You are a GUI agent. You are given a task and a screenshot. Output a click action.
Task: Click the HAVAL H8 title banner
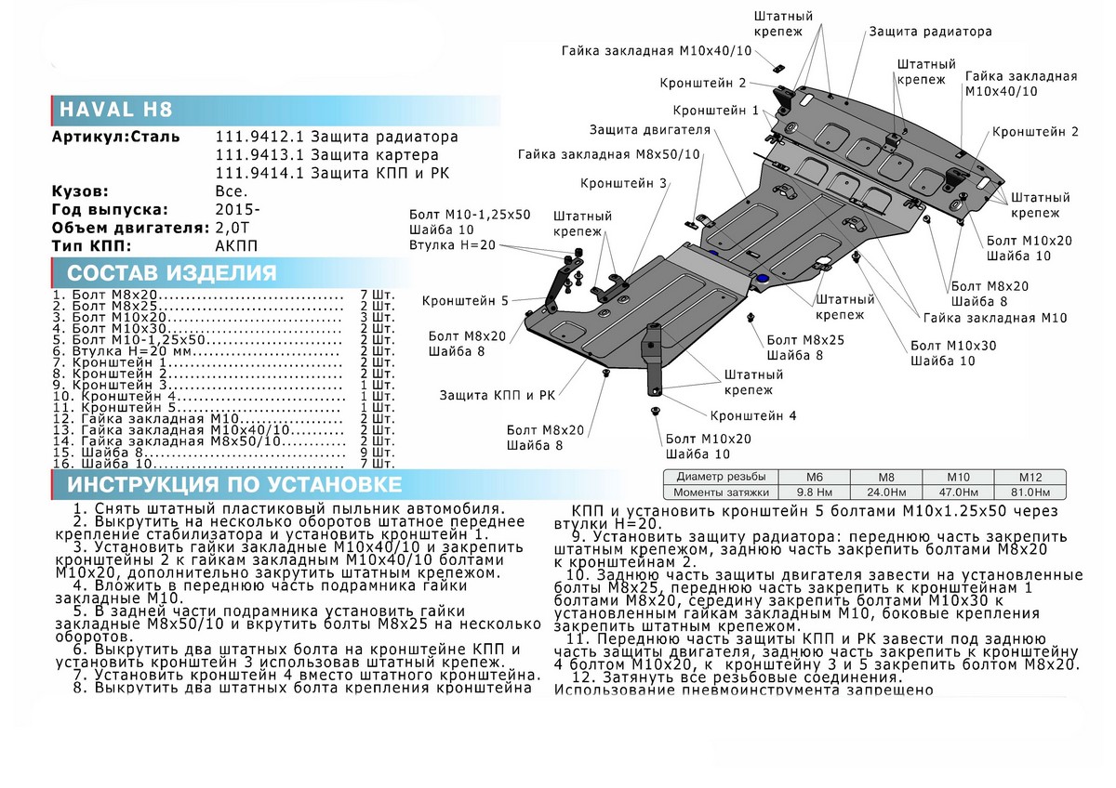click(115, 110)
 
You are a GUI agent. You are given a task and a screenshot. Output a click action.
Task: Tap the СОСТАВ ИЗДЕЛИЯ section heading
click(172, 272)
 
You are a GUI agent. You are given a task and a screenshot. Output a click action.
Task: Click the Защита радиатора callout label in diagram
click(930, 32)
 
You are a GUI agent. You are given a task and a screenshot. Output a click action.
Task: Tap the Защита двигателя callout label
click(650, 129)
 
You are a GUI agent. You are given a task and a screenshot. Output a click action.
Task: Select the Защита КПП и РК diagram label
click(498, 396)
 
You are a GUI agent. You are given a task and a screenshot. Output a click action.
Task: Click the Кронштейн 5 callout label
click(465, 301)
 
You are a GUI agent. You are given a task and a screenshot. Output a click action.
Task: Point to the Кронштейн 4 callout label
click(753, 416)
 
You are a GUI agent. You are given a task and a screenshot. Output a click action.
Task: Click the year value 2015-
click(238, 209)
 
